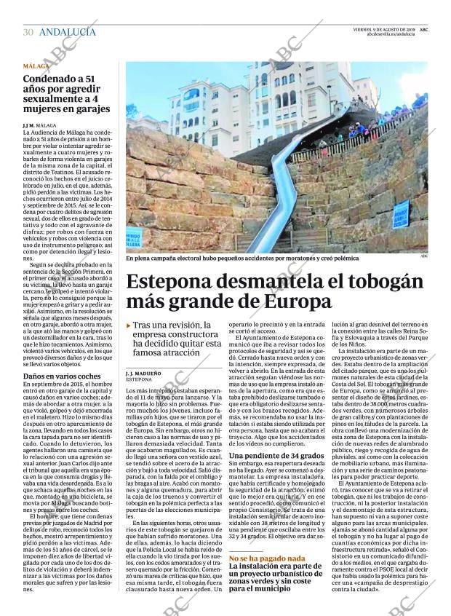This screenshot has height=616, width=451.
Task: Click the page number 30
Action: pos(28,32)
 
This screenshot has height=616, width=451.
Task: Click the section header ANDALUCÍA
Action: pos(67,32)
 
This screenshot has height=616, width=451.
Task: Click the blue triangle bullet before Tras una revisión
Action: pos(129,325)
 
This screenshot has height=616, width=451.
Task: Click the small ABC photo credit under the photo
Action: pos(423,256)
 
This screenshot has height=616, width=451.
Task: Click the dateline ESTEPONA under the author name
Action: pos(139,380)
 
